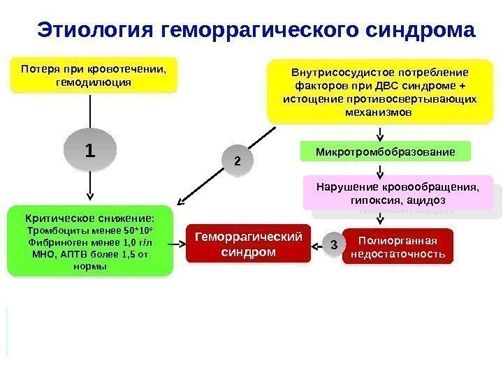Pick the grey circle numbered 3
click(333, 245)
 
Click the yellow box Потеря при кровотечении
click(94, 75)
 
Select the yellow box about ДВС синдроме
click(381, 91)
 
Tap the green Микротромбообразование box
click(386, 151)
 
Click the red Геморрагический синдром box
click(248, 244)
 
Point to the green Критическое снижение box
click(90, 239)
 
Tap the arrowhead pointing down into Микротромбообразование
click(380, 138)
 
